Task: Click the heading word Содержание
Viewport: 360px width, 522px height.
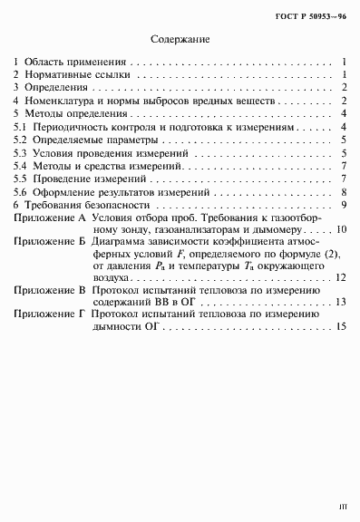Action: pos(180,41)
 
